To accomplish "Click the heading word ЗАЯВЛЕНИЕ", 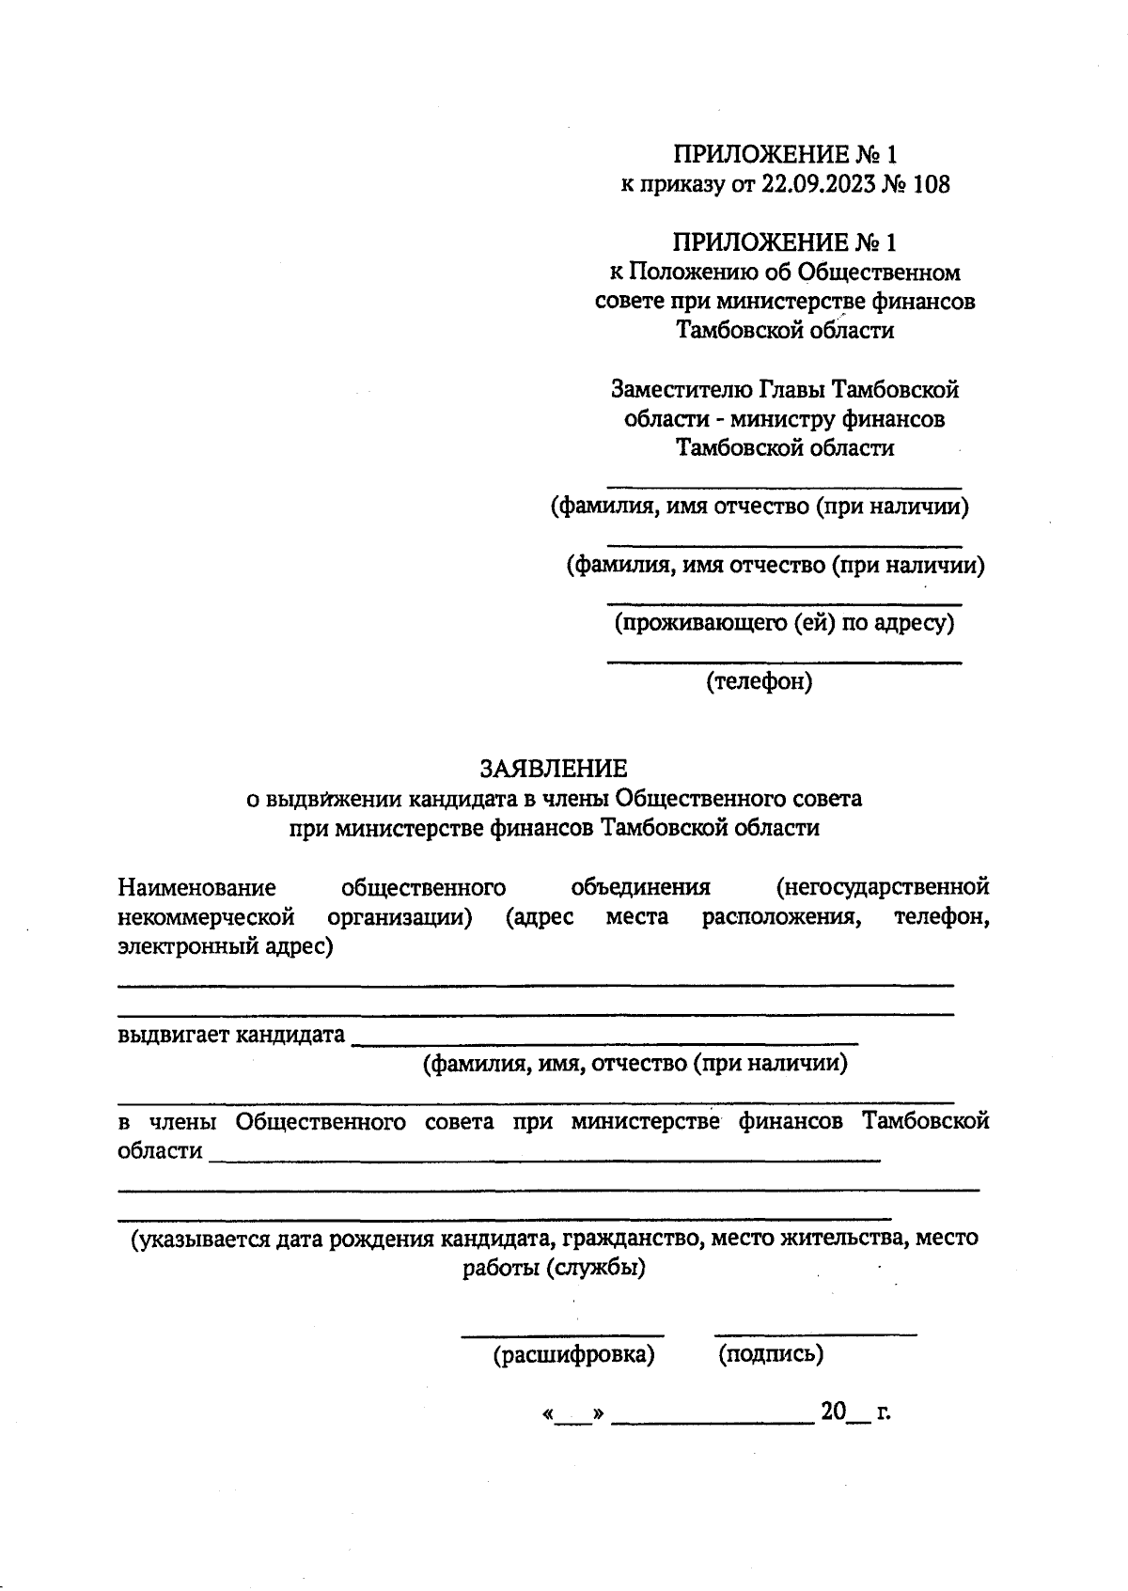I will click(554, 769).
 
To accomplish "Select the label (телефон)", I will click(760, 681).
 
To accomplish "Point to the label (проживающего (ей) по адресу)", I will click(784, 622).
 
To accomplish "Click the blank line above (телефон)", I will click(784, 663).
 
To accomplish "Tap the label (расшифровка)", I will click(573, 1354).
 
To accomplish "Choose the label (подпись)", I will click(771, 1354).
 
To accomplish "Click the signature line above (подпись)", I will click(815, 1334).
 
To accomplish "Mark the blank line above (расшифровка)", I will click(562, 1334).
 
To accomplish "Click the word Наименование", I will click(196, 887).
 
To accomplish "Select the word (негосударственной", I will click(883, 887).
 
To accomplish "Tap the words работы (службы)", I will click(554, 1268).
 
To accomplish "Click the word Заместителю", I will click(682, 388).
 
